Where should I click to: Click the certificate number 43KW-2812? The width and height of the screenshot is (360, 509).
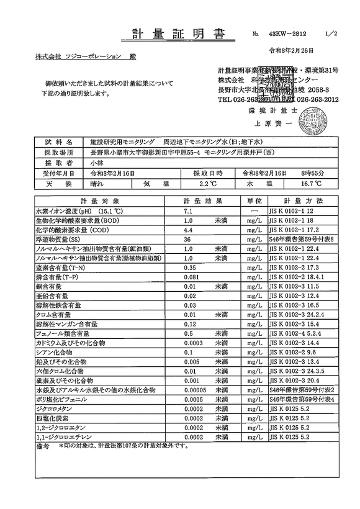click(287, 35)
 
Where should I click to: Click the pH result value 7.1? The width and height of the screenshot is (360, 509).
click(189, 212)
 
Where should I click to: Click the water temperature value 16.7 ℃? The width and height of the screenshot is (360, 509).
click(309, 184)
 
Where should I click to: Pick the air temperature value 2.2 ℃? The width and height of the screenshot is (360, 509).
click(207, 184)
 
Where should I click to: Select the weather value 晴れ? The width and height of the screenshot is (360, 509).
click(99, 184)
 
